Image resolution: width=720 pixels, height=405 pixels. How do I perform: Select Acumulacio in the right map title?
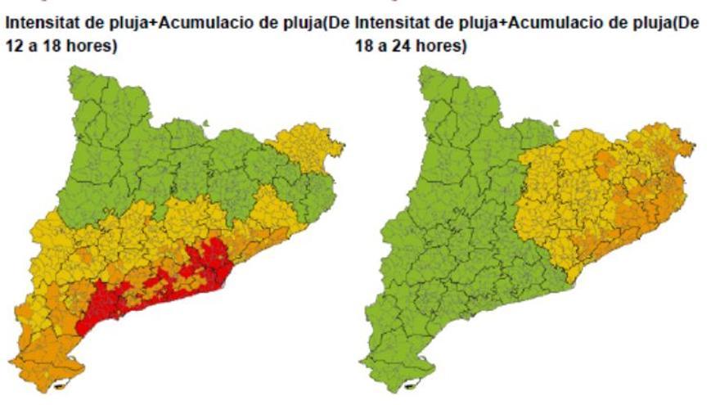[553, 25]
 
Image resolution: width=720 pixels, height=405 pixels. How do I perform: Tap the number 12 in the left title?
[15, 47]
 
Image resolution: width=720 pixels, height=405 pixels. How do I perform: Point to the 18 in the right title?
[365, 47]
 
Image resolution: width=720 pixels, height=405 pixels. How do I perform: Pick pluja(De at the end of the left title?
[317, 25]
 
